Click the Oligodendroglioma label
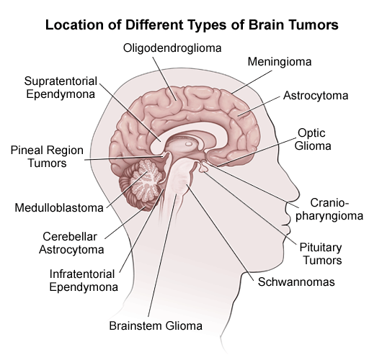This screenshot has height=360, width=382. pos(172,48)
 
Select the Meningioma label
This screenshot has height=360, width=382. pos(280,62)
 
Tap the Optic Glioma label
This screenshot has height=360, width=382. pos(313,140)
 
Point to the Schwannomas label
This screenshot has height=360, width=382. pos(296,282)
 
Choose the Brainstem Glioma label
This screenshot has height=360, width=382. pos(156,325)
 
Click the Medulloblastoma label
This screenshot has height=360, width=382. pos(59,208)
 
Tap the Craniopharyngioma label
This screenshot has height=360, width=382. pos(329,210)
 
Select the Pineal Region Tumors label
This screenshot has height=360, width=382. pos(47,156)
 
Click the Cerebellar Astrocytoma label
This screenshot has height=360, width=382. pos(71,243)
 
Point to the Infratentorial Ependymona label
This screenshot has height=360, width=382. pos(84,280)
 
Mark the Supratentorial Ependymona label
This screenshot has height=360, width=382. pos(61,88)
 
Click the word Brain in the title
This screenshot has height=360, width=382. pos(267,24)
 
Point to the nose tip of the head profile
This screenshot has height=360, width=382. pos(298,192)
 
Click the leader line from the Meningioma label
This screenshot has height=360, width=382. pos(252,82)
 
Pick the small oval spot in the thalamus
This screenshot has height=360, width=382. pos(189,144)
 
